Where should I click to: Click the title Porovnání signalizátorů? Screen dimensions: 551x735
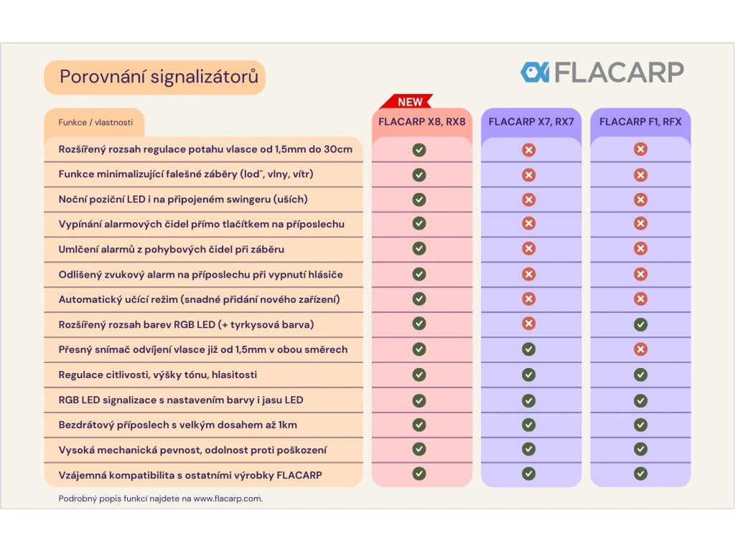(x=159, y=77)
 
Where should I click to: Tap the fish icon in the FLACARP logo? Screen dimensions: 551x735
(x=535, y=72)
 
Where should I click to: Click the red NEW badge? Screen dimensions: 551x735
(x=410, y=102)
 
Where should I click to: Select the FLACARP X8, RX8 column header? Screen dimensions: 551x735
(x=422, y=122)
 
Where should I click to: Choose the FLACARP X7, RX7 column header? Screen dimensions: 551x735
(x=531, y=122)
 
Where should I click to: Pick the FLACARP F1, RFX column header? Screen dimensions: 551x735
(x=640, y=122)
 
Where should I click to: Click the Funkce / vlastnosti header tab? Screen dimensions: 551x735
(x=95, y=123)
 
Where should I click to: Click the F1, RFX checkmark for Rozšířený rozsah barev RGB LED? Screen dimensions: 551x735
(x=640, y=324)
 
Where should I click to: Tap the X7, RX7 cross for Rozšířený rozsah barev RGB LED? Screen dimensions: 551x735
(x=529, y=324)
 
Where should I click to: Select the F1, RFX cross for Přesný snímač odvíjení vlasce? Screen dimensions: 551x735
(x=640, y=349)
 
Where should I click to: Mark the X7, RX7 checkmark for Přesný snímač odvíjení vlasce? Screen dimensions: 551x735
(x=529, y=349)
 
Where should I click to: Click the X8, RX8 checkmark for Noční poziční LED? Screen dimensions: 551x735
(x=419, y=199)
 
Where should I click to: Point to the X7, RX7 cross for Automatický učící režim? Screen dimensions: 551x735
(x=529, y=298)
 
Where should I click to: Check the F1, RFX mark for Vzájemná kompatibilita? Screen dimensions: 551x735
(x=640, y=474)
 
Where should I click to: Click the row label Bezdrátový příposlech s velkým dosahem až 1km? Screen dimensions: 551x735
(x=177, y=425)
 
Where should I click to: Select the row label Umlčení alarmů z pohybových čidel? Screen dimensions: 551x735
(x=171, y=249)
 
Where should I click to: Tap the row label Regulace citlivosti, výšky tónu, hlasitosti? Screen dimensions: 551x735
(x=157, y=375)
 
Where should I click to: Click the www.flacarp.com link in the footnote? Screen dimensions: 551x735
(x=227, y=499)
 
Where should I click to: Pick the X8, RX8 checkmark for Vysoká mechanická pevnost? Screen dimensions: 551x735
(x=419, y=449)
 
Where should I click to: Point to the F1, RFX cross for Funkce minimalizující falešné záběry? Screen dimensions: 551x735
(x=640, y=174)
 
